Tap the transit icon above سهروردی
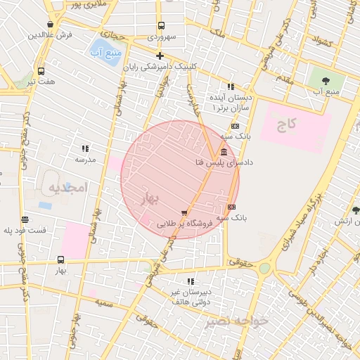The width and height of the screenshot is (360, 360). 161,25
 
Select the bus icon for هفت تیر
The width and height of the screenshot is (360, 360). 41,71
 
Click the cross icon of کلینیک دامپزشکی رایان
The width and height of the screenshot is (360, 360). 160,56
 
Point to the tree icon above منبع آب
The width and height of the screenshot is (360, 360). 328,80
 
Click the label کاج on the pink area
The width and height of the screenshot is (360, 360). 287,124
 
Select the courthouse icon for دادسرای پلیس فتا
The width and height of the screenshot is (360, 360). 224,152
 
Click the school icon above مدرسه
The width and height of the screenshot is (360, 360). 85,148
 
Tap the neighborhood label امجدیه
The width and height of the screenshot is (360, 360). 66,187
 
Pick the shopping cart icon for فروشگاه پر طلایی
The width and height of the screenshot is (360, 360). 184,212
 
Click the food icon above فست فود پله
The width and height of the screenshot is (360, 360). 25,219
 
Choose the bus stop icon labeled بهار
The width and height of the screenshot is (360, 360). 60,259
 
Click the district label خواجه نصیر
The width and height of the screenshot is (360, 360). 236,321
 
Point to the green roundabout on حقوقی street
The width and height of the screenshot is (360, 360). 264,268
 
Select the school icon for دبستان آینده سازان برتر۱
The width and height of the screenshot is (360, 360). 230,86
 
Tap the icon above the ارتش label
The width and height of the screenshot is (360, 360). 356,210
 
